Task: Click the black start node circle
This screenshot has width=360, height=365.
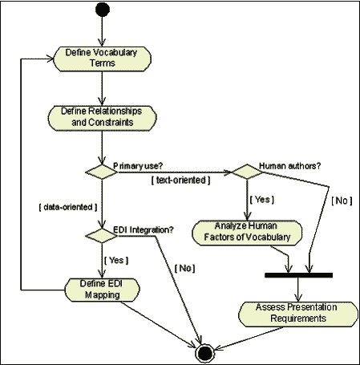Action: pos(103,10)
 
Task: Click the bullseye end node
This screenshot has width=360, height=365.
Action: pos(205,353)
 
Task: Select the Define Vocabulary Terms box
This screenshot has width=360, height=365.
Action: pos(102,59)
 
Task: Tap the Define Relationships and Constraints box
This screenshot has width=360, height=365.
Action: pos(102,118)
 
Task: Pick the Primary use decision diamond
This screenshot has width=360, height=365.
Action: pos(101,172)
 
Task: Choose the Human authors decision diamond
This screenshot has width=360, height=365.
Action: pos(247,172)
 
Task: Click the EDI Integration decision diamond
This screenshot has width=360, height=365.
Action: pos(101,236)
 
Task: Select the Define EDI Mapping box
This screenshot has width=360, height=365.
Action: pos(102,290)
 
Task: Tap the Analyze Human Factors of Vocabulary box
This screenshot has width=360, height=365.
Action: pos(247,233)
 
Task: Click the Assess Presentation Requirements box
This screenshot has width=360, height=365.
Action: pos(298,314)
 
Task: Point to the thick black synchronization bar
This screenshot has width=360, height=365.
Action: pos(298,275)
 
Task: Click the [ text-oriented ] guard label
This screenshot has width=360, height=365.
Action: pos(181,180)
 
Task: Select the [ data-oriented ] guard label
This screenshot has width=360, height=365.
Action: pos(68,207)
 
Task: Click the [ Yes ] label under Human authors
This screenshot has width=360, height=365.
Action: pos(262,200)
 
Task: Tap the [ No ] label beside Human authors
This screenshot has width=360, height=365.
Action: pos(342,201)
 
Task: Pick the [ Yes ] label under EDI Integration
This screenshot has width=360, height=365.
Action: pos(116,260)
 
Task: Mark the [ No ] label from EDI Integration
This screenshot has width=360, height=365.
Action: pos(184,268)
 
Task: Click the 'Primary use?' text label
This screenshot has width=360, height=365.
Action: pos(138,166)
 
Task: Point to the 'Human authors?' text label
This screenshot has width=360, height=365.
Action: pos(290,166)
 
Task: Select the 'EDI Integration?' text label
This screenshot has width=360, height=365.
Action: pos(144,229)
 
